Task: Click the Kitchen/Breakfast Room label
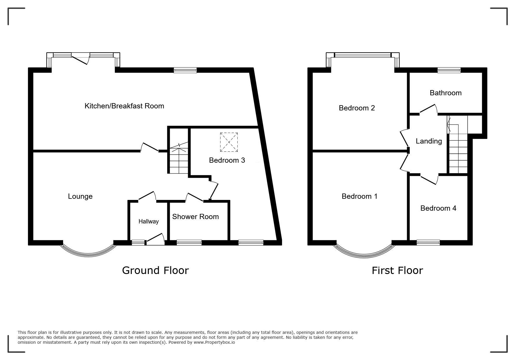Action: click(124, 106)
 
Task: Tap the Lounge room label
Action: click(80, 196)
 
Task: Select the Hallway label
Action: click(149, 221)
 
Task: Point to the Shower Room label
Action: click(195, 216)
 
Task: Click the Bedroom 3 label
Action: click(227, 160)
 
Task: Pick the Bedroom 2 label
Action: click(357, 108)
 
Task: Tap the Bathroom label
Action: click(445, 93)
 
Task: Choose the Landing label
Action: click(429, 141)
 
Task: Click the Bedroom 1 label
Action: click(359, 196)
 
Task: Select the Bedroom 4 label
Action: click(438, 208)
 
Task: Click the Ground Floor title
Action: click(155, 271)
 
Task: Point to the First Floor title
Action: click(397, 271)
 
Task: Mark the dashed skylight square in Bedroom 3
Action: click(229, 142)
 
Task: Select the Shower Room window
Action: click(189, 243)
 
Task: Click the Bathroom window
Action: click(449, 70)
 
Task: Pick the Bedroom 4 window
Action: click(428, 243)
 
